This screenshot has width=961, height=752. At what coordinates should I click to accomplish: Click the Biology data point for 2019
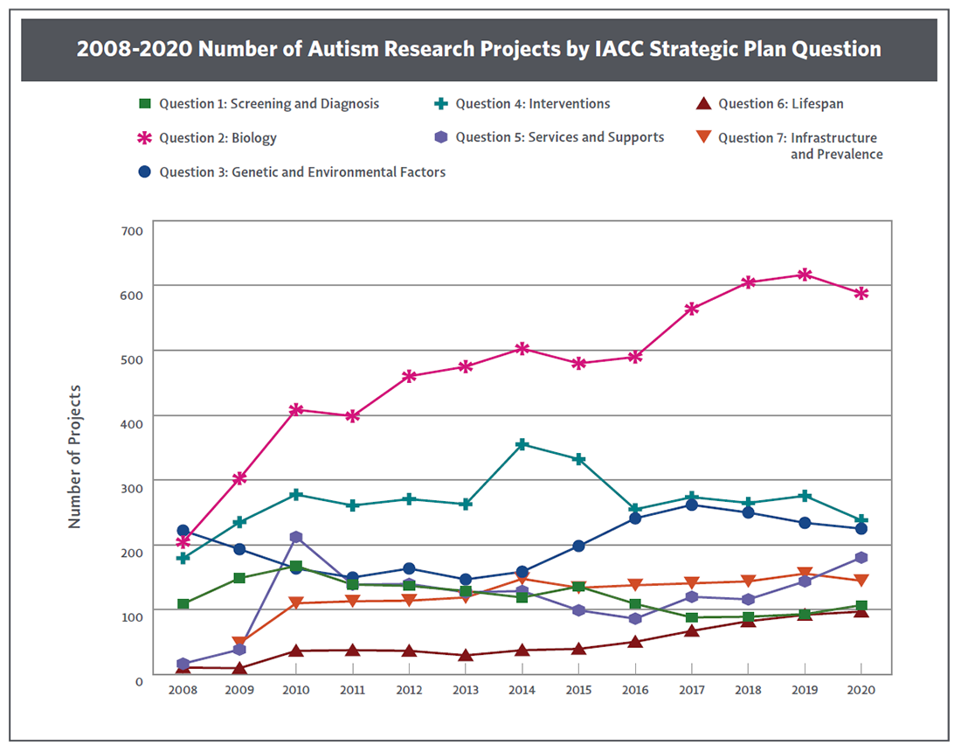coord(805,275)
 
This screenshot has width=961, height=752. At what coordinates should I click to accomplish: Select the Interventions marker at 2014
coord(522,444)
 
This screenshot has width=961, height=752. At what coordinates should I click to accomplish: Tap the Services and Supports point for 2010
coord(296,537)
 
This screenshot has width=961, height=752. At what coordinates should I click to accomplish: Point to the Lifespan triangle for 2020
coord(861,610)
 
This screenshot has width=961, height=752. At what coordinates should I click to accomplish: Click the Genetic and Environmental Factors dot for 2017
coord(692,505)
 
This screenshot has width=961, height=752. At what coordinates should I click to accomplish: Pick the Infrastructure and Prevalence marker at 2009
coord(239,644)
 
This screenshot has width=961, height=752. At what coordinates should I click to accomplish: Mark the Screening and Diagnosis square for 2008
coord(183,604)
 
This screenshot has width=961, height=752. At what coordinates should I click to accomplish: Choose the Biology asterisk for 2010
coord(296,409)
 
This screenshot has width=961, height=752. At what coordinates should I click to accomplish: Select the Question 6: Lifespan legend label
coord(780,104)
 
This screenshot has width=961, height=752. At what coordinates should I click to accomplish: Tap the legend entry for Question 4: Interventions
coord(532,104)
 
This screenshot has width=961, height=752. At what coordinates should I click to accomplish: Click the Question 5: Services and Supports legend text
coord(559,137)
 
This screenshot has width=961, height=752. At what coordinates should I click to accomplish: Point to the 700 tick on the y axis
coord(130,230)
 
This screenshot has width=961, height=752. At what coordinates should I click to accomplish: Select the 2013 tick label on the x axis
coord(466,690)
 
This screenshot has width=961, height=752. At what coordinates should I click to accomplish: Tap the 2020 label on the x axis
coord(861,690)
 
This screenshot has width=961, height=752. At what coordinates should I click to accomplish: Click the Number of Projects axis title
coord(75,456)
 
